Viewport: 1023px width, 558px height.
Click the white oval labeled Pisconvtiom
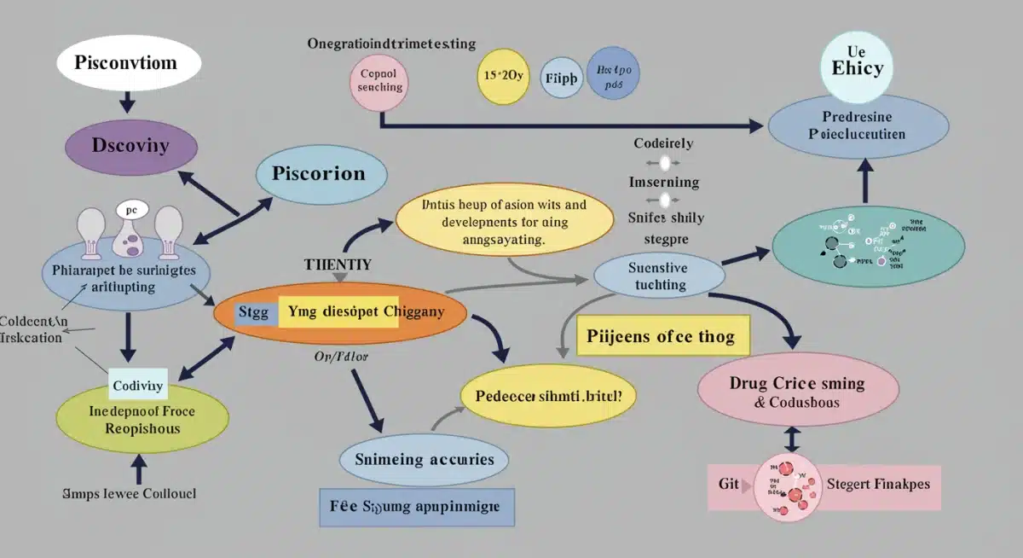pyautogui.click(x=127, y=64)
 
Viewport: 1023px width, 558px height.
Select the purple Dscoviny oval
pyautogui.click(x=131, y=145)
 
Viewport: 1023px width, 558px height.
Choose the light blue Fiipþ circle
pyautogui.click(x=560, y=77)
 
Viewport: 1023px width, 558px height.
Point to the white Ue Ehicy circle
pyautogui.click(x=858, y=60)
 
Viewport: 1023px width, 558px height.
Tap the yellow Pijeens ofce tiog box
pyautogui.click(x=661, y=336)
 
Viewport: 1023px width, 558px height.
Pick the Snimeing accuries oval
pyautogui.click(x=424, y=460)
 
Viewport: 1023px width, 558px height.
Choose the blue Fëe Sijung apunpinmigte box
pyautogui.click(x=416, y=506)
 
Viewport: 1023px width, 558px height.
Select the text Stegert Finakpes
pyautogui.click(x=878, y=484)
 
